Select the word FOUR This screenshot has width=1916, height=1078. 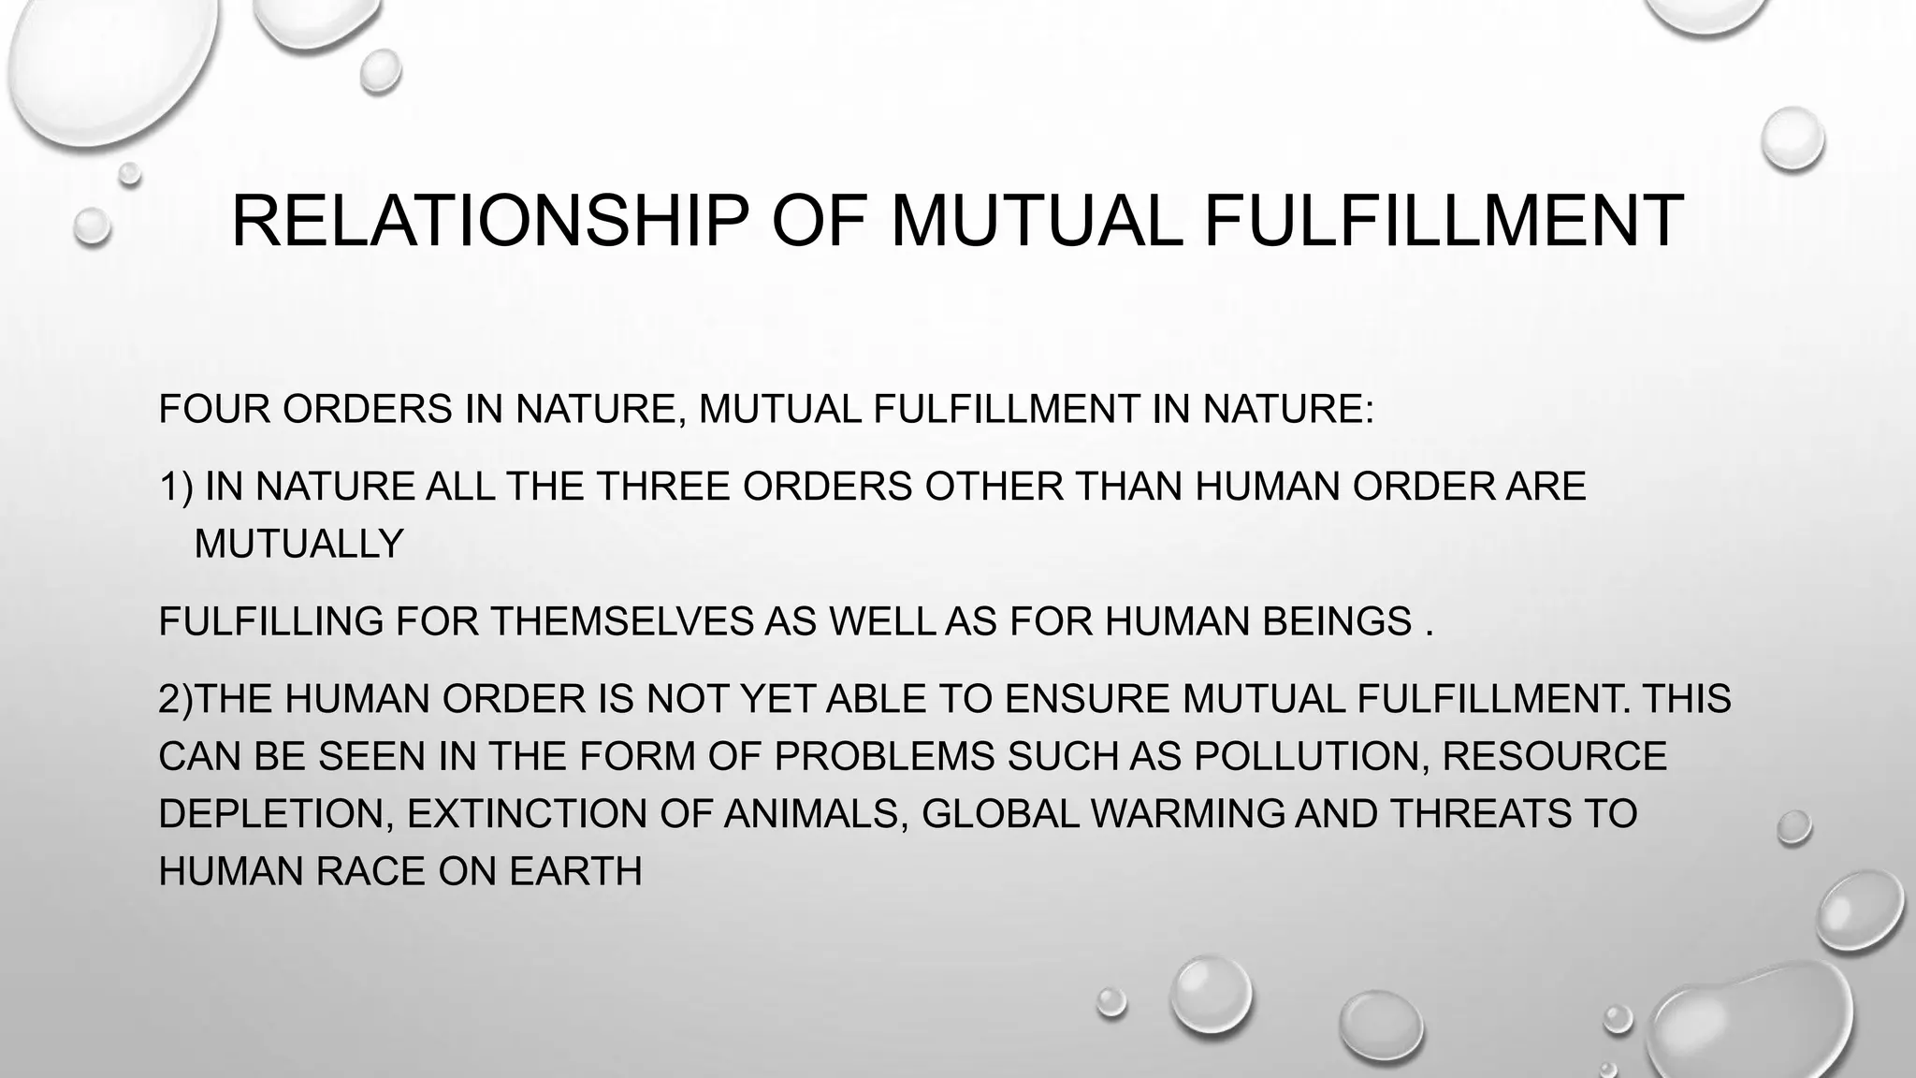tap(214, 409)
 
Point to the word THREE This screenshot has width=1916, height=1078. tap(661, 486)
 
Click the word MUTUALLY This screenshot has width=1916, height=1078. tap(298, 544)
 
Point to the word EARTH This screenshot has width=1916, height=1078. tap(575, 871)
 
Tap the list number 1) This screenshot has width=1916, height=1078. tap(175, 486)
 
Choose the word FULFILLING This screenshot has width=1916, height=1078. tap(270, 621)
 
